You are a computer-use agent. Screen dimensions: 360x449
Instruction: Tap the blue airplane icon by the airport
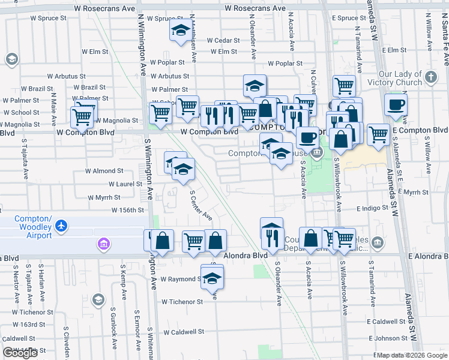pos(61,226)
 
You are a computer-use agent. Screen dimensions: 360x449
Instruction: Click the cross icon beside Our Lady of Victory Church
pos(430,76)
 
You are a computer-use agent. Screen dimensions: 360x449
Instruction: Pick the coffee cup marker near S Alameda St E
pos(396,105)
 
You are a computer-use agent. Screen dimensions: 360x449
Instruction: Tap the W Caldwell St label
pos(183,331)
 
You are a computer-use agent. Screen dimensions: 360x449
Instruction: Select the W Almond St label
pos(104,171)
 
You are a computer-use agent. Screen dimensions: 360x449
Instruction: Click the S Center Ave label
pos(201,205)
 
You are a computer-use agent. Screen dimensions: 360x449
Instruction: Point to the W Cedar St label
pos(223,41)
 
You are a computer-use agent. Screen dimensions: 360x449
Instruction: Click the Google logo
pos(20,353)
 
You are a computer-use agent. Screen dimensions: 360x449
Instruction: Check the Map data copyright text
pos(411,355)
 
